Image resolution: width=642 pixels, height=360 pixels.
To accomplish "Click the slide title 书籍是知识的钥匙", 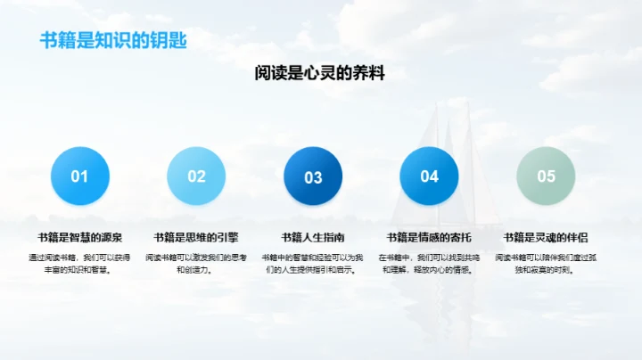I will [113, 40].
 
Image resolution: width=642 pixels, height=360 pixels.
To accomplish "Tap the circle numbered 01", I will [80, 176].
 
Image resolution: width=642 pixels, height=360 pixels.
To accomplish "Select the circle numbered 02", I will [196, 176].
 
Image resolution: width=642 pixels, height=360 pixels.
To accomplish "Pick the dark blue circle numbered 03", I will [313, 176].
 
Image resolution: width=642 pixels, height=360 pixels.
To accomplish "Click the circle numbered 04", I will [429, 176].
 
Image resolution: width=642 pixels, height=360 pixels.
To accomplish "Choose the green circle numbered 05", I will [546, 176].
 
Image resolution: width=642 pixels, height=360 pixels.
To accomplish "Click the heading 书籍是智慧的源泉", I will [80, 237].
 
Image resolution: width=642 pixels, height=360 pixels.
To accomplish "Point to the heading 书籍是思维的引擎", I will [196, 237].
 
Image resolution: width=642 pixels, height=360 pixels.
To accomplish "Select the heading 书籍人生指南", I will [313, 237].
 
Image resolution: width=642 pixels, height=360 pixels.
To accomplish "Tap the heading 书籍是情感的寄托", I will [429, 237].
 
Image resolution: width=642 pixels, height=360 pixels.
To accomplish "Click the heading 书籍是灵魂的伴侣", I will [546, 237].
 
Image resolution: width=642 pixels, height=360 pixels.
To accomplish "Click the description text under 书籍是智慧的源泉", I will [80, 264].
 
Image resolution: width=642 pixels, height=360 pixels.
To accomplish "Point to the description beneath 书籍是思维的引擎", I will [196, 264].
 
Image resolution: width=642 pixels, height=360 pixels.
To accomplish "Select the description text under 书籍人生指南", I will [313, 264].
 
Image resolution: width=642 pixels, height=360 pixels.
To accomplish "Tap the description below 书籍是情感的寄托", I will [429, 264].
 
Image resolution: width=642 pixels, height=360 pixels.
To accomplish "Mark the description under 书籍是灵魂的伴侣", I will [546, 264].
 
